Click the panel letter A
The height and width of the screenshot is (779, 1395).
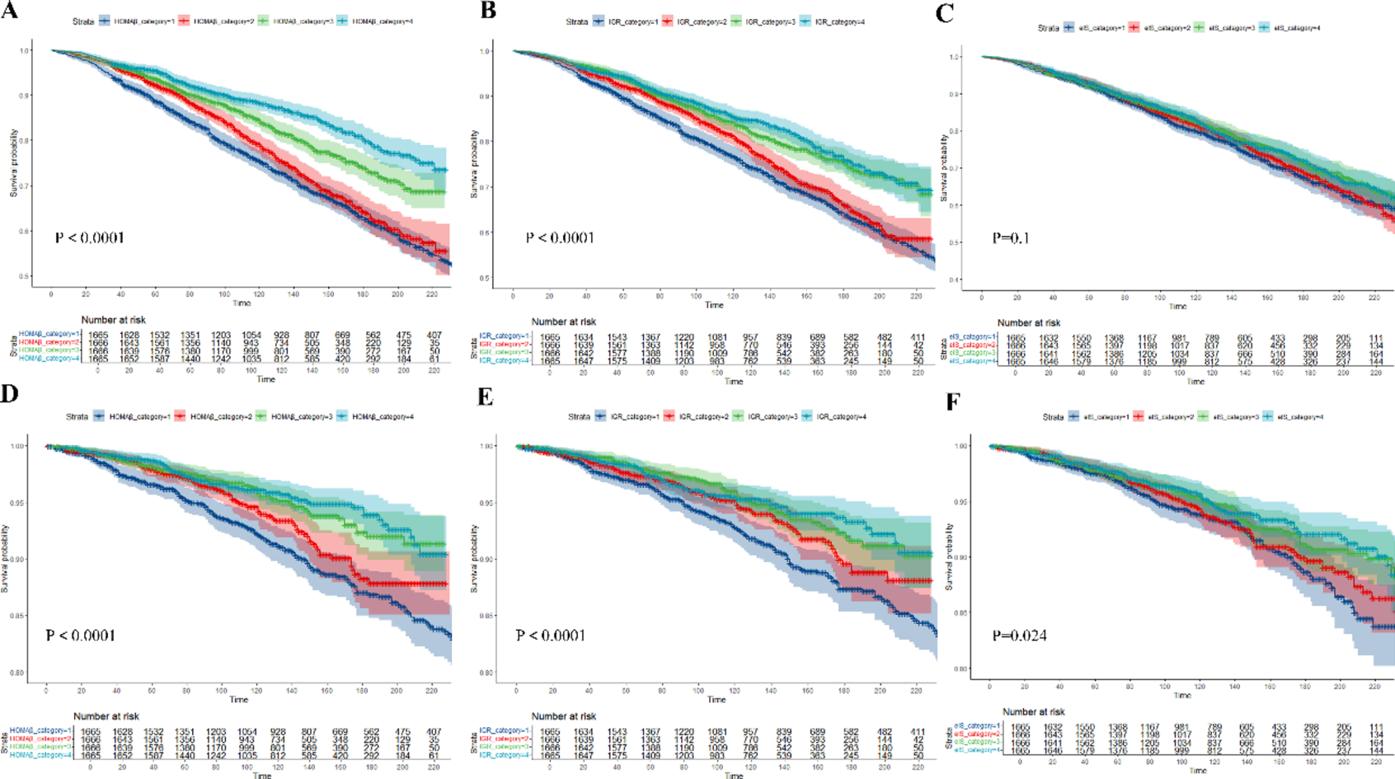point(11,12)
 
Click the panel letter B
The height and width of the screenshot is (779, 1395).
point(488,12)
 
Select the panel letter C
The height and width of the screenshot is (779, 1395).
point(945,13)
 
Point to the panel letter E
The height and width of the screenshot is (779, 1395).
point(486,397)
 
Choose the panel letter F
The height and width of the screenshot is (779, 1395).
point(953,402)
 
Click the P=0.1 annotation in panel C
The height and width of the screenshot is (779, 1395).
point(1011,238)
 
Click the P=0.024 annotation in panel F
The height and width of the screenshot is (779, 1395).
point(1019,636)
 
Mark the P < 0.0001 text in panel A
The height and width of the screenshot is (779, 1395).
point(89,238)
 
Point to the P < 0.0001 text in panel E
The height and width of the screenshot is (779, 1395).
point(550,636)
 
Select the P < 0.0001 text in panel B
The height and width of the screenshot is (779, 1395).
point(560,238)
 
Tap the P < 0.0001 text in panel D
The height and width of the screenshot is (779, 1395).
point(80,636)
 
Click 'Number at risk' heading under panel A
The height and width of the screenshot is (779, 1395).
point(113,320)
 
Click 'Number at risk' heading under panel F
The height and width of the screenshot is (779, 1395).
point(1033,711)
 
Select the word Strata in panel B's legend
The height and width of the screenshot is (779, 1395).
point(577,21)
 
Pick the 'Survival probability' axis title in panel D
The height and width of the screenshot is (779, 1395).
point(6,559)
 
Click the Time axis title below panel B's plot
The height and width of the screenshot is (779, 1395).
point(714,305)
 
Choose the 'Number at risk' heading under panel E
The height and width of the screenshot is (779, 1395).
point(564,716)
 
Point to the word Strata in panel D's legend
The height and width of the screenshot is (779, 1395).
point(77,416)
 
